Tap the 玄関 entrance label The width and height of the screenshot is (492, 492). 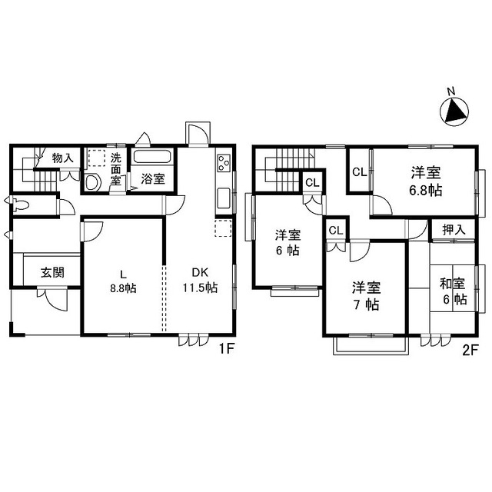[x=53, y=273]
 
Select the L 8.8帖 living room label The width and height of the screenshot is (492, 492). [x=123, y=281]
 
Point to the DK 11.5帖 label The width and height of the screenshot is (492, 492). [x=200, y=280]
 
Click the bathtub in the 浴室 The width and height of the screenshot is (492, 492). [x=152, y=157]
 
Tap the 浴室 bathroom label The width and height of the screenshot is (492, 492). [x=153, y=179]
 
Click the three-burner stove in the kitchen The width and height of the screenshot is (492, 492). [x=224, y=163]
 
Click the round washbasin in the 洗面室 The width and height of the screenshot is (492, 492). [x=92, y=183]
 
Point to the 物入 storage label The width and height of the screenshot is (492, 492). [x=63, y=158]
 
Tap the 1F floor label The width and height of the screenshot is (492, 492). [x=227, y=348]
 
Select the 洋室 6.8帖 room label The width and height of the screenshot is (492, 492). [x=426, y=181]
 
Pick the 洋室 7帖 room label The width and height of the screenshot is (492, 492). [x=366, y=296]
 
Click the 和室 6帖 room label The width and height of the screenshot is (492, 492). [x=453, y=291]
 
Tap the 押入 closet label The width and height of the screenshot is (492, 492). [x=454, y=230]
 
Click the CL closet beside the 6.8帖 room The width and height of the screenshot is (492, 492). [x=359, y=172]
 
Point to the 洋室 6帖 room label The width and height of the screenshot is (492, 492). [x=288, y=243]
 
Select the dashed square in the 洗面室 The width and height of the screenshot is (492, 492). [x=96, y=158]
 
